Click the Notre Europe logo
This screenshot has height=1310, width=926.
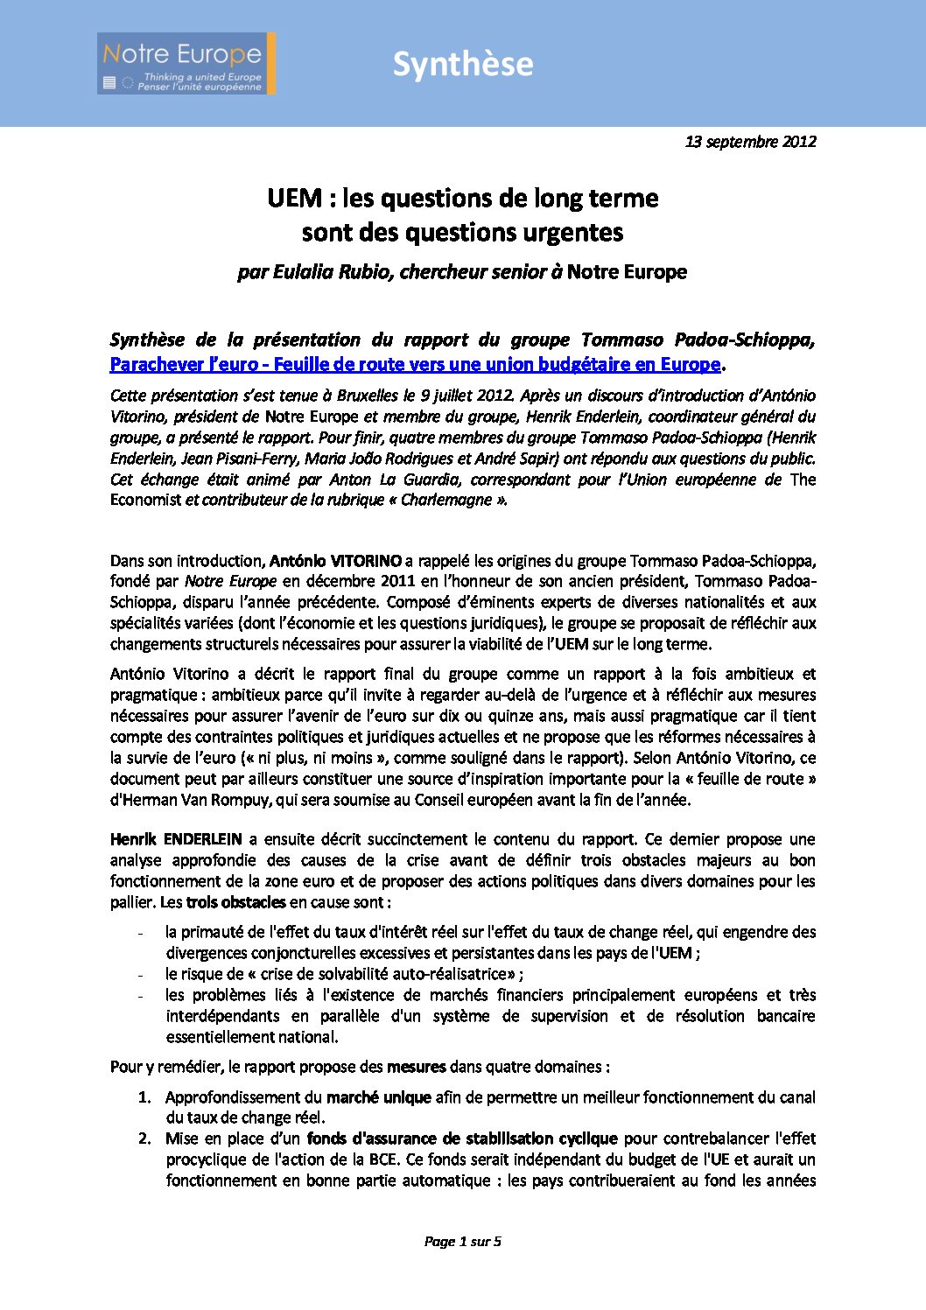point(186,63)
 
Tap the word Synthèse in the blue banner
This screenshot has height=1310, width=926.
point(462,64)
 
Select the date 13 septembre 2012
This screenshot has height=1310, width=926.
point(750,141)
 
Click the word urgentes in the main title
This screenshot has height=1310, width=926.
point(573,232)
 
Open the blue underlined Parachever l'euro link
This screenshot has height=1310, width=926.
point(415,364)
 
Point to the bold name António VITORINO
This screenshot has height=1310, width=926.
point(335,560)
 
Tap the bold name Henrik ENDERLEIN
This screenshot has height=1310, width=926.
point(175,839)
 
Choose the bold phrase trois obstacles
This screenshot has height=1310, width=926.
point(235,902)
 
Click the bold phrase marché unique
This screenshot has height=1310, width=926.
point(378,1097)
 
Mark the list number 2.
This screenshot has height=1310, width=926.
point(144,1138)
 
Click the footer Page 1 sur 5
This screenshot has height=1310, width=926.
point(462,1241)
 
